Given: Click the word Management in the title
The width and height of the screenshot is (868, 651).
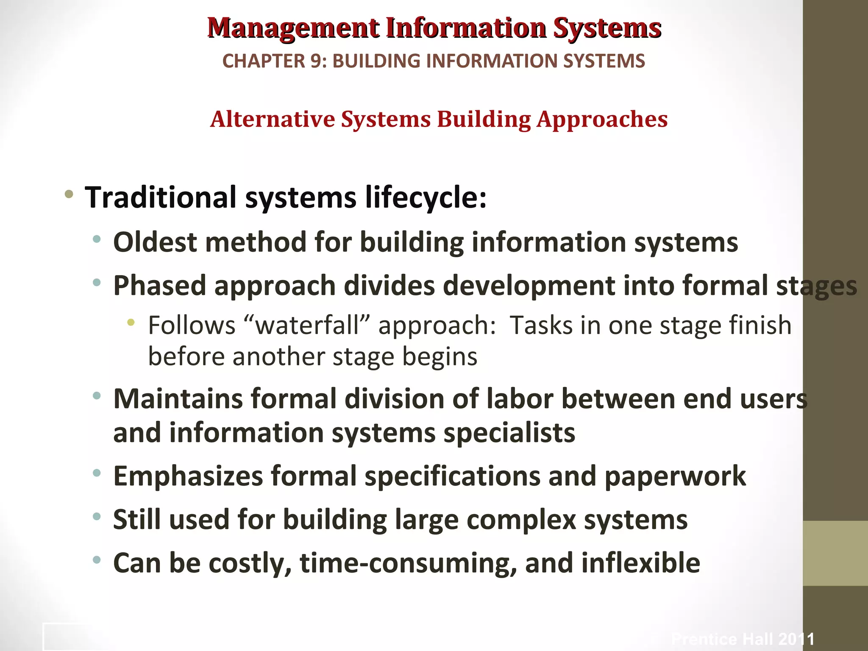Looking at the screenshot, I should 293,29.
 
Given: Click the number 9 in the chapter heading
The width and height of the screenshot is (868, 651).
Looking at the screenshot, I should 316,61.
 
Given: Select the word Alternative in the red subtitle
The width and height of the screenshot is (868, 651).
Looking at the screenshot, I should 273,119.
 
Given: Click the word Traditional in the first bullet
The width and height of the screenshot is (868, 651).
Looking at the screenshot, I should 161,198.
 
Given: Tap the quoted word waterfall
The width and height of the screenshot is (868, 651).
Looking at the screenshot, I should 308,325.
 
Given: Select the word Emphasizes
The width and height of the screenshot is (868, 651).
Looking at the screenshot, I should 188,477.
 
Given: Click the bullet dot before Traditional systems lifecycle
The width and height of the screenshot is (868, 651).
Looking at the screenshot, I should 69,195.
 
